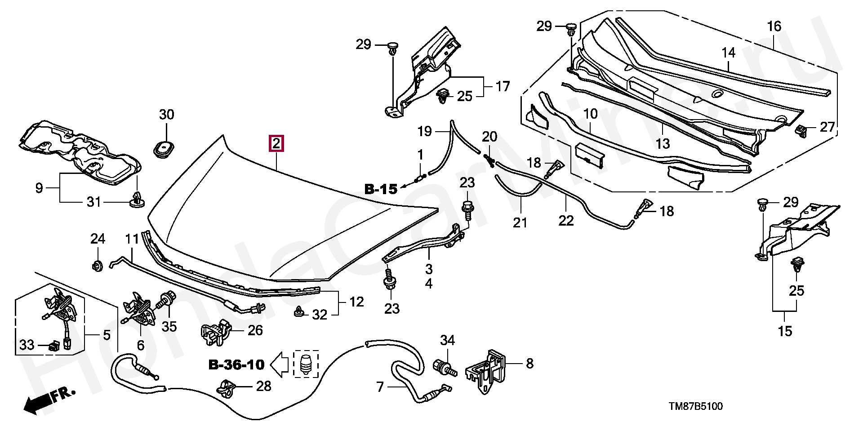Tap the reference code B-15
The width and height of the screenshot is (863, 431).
pyautogui.click(x=381, y=189)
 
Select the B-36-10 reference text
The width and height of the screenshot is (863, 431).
pyautogui.click(x=236, y=364)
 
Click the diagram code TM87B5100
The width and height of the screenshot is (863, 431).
pyautogui.click(x=696, y=407)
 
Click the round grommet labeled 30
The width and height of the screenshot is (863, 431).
pyautogui.click(x=165, y=149)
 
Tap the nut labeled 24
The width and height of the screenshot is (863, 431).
pyautogui.click(x=97, y=266)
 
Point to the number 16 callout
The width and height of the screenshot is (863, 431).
pyautogui.click(x=774, y=26)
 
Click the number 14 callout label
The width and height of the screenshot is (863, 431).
pyautogui.click(x=729, y=53)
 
